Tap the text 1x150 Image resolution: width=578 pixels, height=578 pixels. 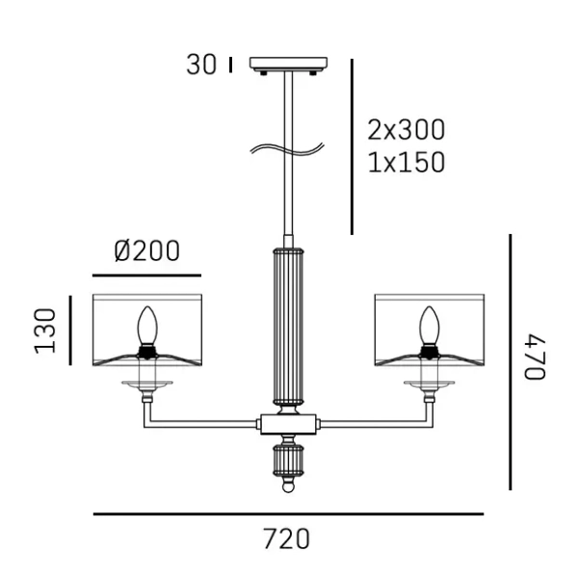(x=407, y=163)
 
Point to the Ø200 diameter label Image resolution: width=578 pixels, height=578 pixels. (x=146, y=251)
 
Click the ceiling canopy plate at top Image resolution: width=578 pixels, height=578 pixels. (x=288, y=65)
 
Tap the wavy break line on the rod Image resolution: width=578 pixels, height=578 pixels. (x=286, y=148)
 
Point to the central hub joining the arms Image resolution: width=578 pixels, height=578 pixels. (x=288, y=422)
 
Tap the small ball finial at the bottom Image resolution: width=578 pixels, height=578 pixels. (x=288, y=487)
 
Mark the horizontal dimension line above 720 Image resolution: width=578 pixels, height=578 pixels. (x=287, y=514)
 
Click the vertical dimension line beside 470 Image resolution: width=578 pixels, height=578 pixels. (x=510, y=361)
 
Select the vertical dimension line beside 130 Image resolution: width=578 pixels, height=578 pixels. (x=70, y=330)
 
